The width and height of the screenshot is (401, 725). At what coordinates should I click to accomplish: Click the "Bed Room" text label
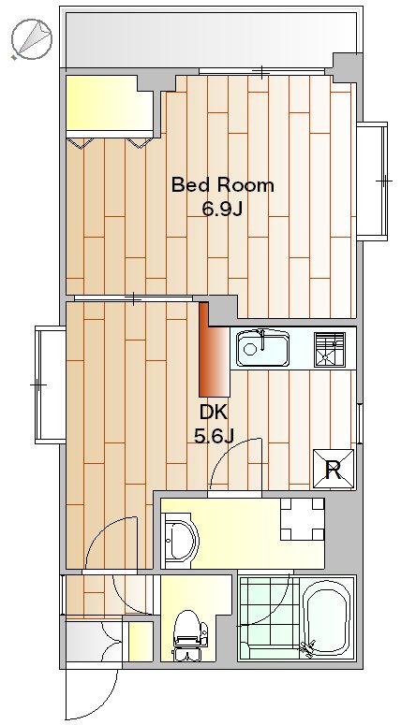(x=222, y=185)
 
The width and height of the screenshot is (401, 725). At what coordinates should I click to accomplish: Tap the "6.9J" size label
(x=222, y=210)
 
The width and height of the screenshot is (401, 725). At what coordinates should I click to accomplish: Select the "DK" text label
(x=214, y=412)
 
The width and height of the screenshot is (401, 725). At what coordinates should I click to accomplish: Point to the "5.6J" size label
(x=214, y=436)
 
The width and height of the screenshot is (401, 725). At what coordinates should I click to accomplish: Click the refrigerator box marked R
(x=334, y=469)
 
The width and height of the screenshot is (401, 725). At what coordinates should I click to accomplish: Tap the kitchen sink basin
(x=262, y=348)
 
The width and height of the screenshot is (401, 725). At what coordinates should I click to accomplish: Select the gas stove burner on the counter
(x=330, y=350)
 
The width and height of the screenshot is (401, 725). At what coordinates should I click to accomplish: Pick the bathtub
(x=327, y=617)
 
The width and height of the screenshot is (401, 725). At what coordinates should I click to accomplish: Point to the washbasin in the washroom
(x=181, y=541)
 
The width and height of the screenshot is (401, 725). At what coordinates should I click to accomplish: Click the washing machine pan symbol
(x=303, y=519)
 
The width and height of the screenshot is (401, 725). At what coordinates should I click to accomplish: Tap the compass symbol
(x=32, y=39)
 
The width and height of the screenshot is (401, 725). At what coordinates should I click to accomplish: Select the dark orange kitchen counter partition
(x=215, y=350)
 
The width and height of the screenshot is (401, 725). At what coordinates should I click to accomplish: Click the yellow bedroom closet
(x=110, y=104)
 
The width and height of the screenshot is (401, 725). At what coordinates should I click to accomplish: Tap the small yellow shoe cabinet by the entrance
(x=141, y=642)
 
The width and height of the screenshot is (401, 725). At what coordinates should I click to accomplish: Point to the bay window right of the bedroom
(x=372, y=181)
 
